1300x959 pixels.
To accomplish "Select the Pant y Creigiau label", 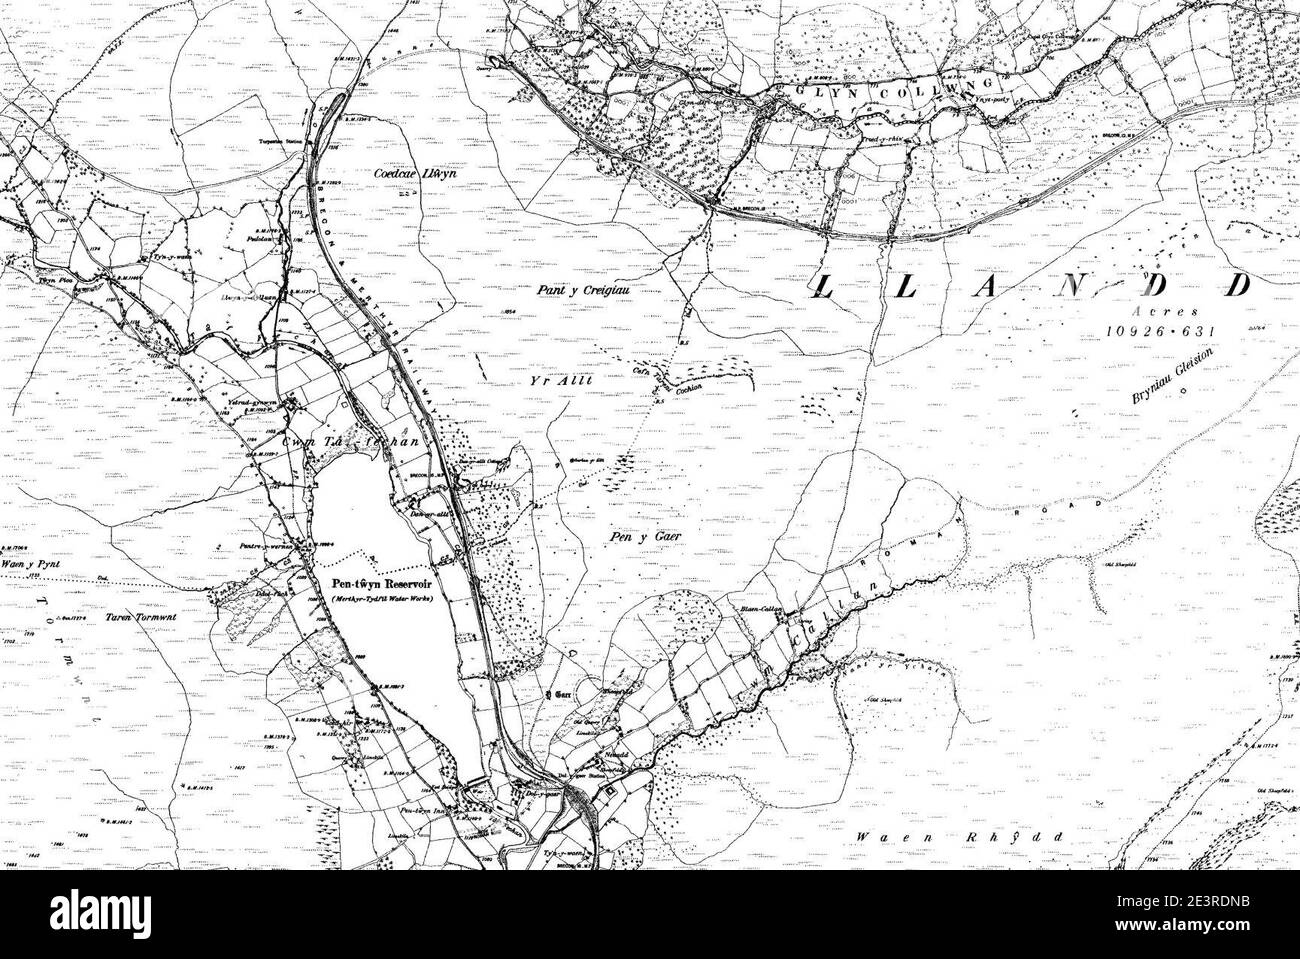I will (578, 290).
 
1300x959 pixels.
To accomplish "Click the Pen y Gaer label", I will (634, 536).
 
